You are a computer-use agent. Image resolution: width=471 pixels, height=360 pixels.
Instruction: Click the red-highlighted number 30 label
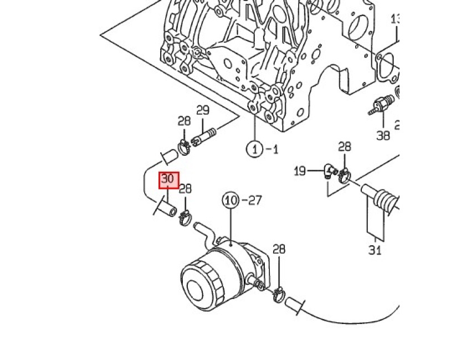[x=169, y=179]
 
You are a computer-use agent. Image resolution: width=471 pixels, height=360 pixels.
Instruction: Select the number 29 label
[x=202, y=110]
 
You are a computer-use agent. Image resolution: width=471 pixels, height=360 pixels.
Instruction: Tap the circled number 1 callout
[x=254, y=149]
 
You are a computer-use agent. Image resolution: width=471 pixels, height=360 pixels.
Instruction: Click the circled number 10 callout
[x=231, y=200]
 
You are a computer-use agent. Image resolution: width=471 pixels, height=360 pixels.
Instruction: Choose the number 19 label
[x=300, y=171]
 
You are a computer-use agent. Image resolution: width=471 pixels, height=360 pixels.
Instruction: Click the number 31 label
[x=375, y=250]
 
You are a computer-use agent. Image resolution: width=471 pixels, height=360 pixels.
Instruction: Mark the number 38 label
[x=383, y=135]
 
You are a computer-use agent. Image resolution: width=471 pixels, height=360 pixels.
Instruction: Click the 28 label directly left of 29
[x=184, y=121]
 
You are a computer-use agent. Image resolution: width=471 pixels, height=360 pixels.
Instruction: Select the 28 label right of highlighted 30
[x=185, y=189]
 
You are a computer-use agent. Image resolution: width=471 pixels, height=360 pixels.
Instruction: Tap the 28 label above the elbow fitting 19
[x=345, y=146]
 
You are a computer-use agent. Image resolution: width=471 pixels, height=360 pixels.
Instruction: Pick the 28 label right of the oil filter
[x=279, y=249]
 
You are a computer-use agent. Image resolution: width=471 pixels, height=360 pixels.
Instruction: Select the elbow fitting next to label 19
[x=331, y=171]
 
